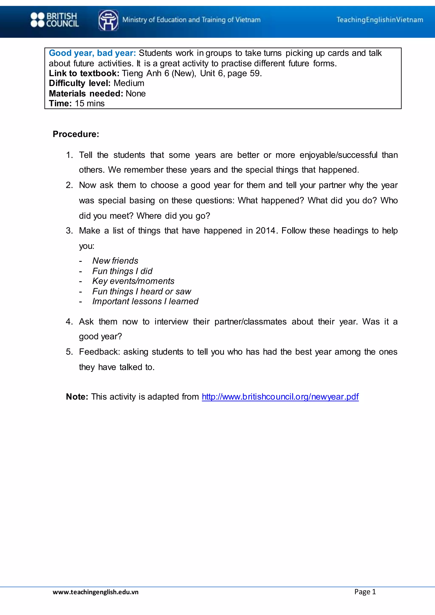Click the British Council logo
(x=55, y=20)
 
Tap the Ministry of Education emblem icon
(x=108, y=20)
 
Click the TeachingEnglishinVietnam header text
(x=380, y=20)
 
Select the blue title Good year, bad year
(x=92, y=53)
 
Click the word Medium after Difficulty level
(x=129, y=83)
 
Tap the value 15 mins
(x=90, y=103)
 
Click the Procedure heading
(x=76, y=134)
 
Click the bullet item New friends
(x=115, y=261)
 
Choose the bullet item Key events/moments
(x=133, y=281)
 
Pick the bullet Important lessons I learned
(x=145, y=301)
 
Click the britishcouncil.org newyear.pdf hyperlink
(x=280, y=396)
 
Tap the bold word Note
(x=77, y=396)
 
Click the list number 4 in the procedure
(x=69, y=322)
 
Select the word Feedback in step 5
(x=99, y=352)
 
